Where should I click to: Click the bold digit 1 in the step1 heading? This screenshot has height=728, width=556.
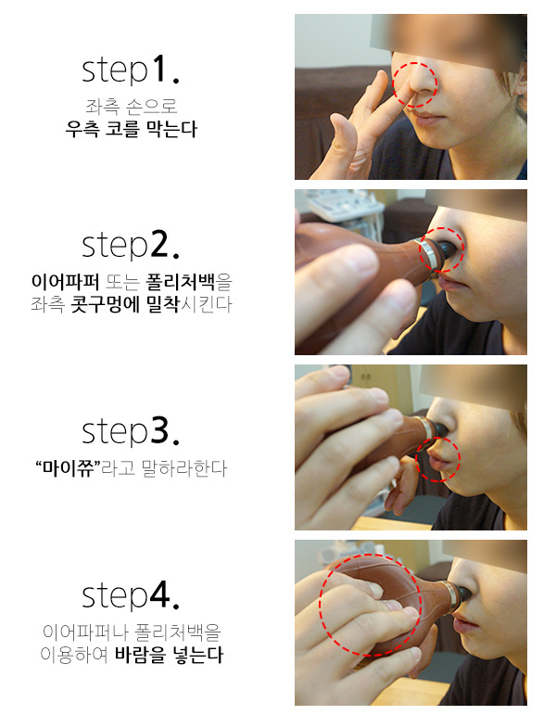(158, 69)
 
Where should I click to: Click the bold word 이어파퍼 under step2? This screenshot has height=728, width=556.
(65, 281)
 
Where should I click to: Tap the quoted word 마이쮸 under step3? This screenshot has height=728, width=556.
(69, 468)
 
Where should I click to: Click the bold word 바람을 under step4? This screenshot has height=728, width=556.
(140, 655)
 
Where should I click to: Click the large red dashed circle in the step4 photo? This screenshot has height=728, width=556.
(321, 605)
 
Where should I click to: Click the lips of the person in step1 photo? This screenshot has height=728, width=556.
(428, 120)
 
